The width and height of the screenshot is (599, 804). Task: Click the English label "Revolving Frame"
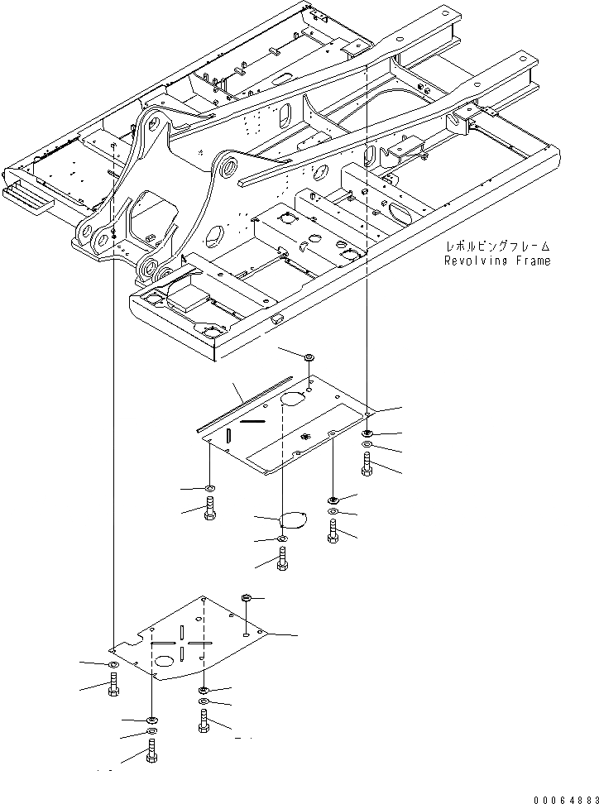coord(496,261)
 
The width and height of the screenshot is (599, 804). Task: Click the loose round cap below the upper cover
coord(290,520)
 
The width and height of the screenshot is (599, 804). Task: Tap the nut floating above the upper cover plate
coord(309,357)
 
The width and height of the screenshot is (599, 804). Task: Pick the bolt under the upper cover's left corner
coord(209,506)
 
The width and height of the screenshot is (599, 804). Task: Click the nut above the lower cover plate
coord(247,597)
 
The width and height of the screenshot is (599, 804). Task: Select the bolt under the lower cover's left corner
coord(113,686)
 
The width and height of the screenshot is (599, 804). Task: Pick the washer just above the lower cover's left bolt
coord(113,665)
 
